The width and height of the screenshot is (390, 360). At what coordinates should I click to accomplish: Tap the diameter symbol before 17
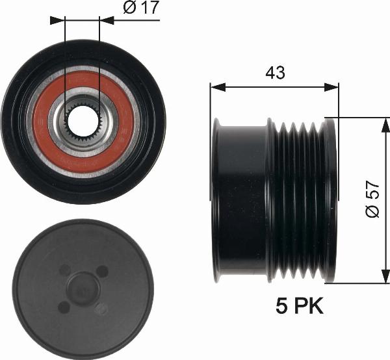click(128, 9)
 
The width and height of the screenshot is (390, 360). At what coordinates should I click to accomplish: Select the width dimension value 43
click(275, 73)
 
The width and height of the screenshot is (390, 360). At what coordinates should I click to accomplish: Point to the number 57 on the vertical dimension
click(372, 190)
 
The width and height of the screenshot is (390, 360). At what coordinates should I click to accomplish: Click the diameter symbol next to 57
click(372, 212)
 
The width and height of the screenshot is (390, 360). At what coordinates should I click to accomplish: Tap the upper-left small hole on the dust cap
click(64, 269)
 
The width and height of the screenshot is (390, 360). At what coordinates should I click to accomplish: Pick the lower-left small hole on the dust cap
click(63, 306)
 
